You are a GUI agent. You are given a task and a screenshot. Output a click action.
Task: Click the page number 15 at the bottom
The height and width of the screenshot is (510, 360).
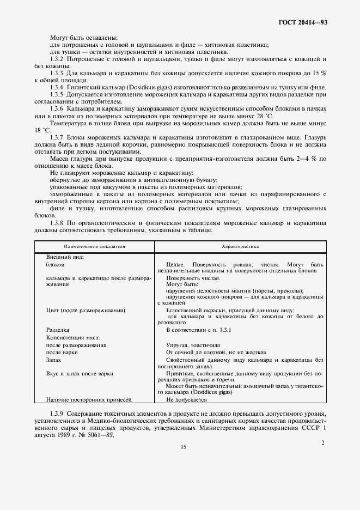point(183,447)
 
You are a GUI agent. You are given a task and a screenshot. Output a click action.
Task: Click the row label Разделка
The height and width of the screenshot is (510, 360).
point(58,330)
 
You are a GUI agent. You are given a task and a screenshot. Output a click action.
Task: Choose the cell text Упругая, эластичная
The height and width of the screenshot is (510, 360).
point(193,345)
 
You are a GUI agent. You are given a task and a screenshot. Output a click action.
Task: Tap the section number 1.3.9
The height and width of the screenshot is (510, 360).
point(58,414)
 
